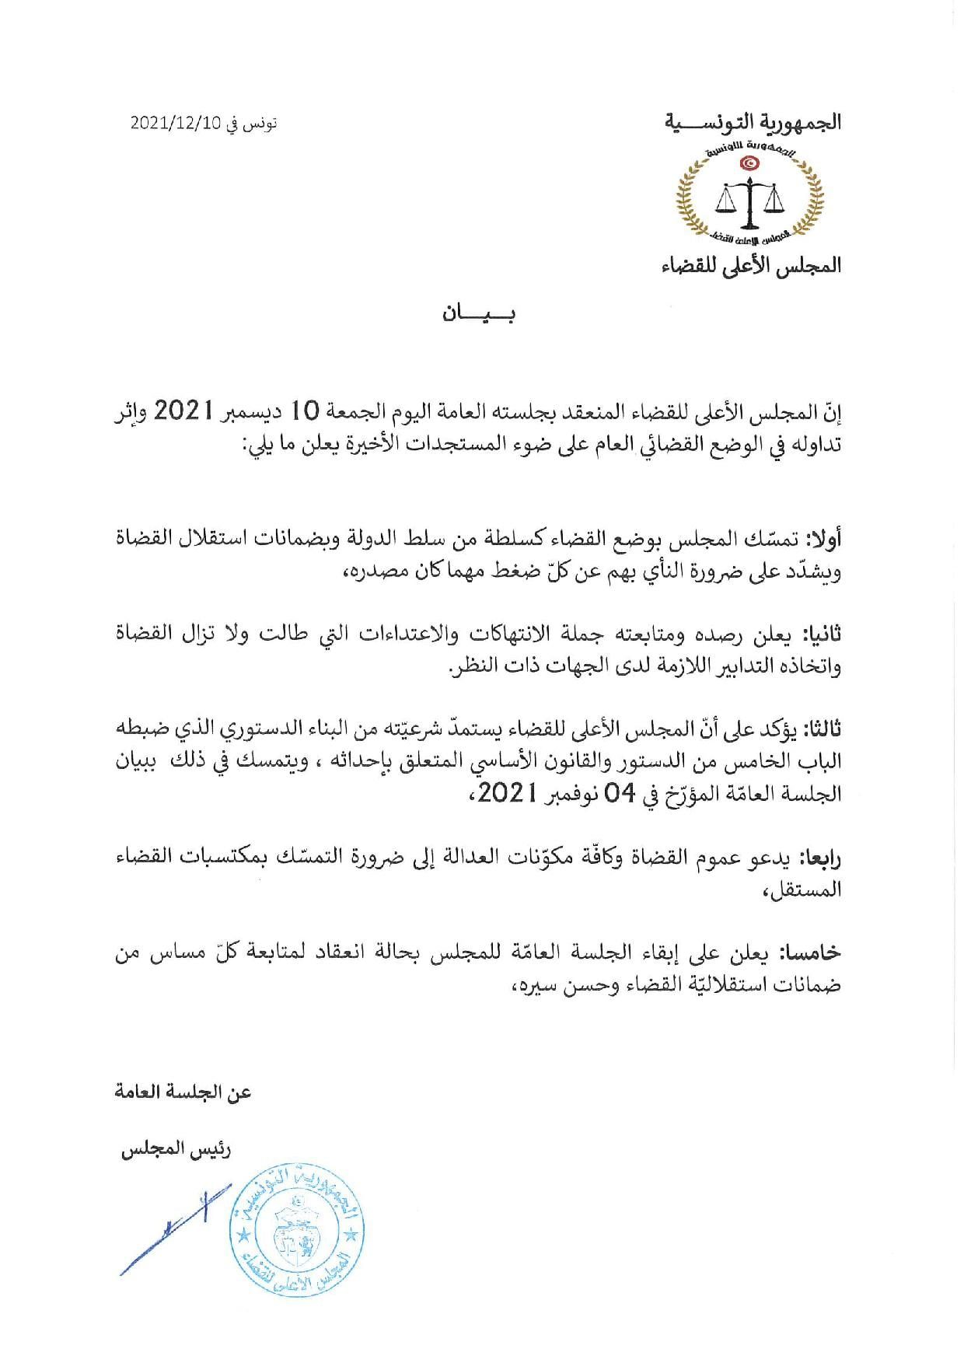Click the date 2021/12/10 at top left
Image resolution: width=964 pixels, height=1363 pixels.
click(176, 124)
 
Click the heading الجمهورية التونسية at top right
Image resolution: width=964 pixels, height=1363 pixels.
click(753, 123)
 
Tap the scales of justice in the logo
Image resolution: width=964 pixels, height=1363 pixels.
click(749, 200)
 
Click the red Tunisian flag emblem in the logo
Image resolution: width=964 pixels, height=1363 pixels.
click(750, 163)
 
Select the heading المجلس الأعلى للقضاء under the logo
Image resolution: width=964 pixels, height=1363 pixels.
click(751, 265)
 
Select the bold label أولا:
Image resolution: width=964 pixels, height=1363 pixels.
click(824, 538)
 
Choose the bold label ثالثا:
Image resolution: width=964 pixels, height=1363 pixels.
click(823, 729)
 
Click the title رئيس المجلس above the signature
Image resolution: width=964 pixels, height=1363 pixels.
click(175, 1149)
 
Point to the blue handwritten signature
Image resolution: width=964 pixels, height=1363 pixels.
click(171, 1228)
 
